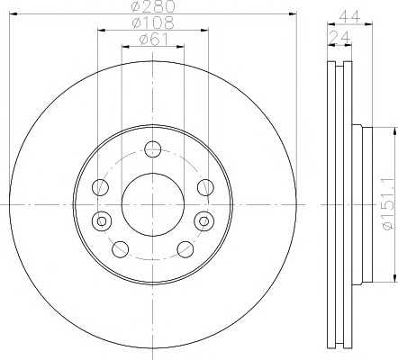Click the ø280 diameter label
153,8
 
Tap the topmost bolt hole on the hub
153,149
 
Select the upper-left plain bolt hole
100,188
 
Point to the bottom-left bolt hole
121,247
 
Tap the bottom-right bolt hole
185,247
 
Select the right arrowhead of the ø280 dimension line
293,14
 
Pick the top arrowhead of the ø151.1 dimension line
393,133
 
